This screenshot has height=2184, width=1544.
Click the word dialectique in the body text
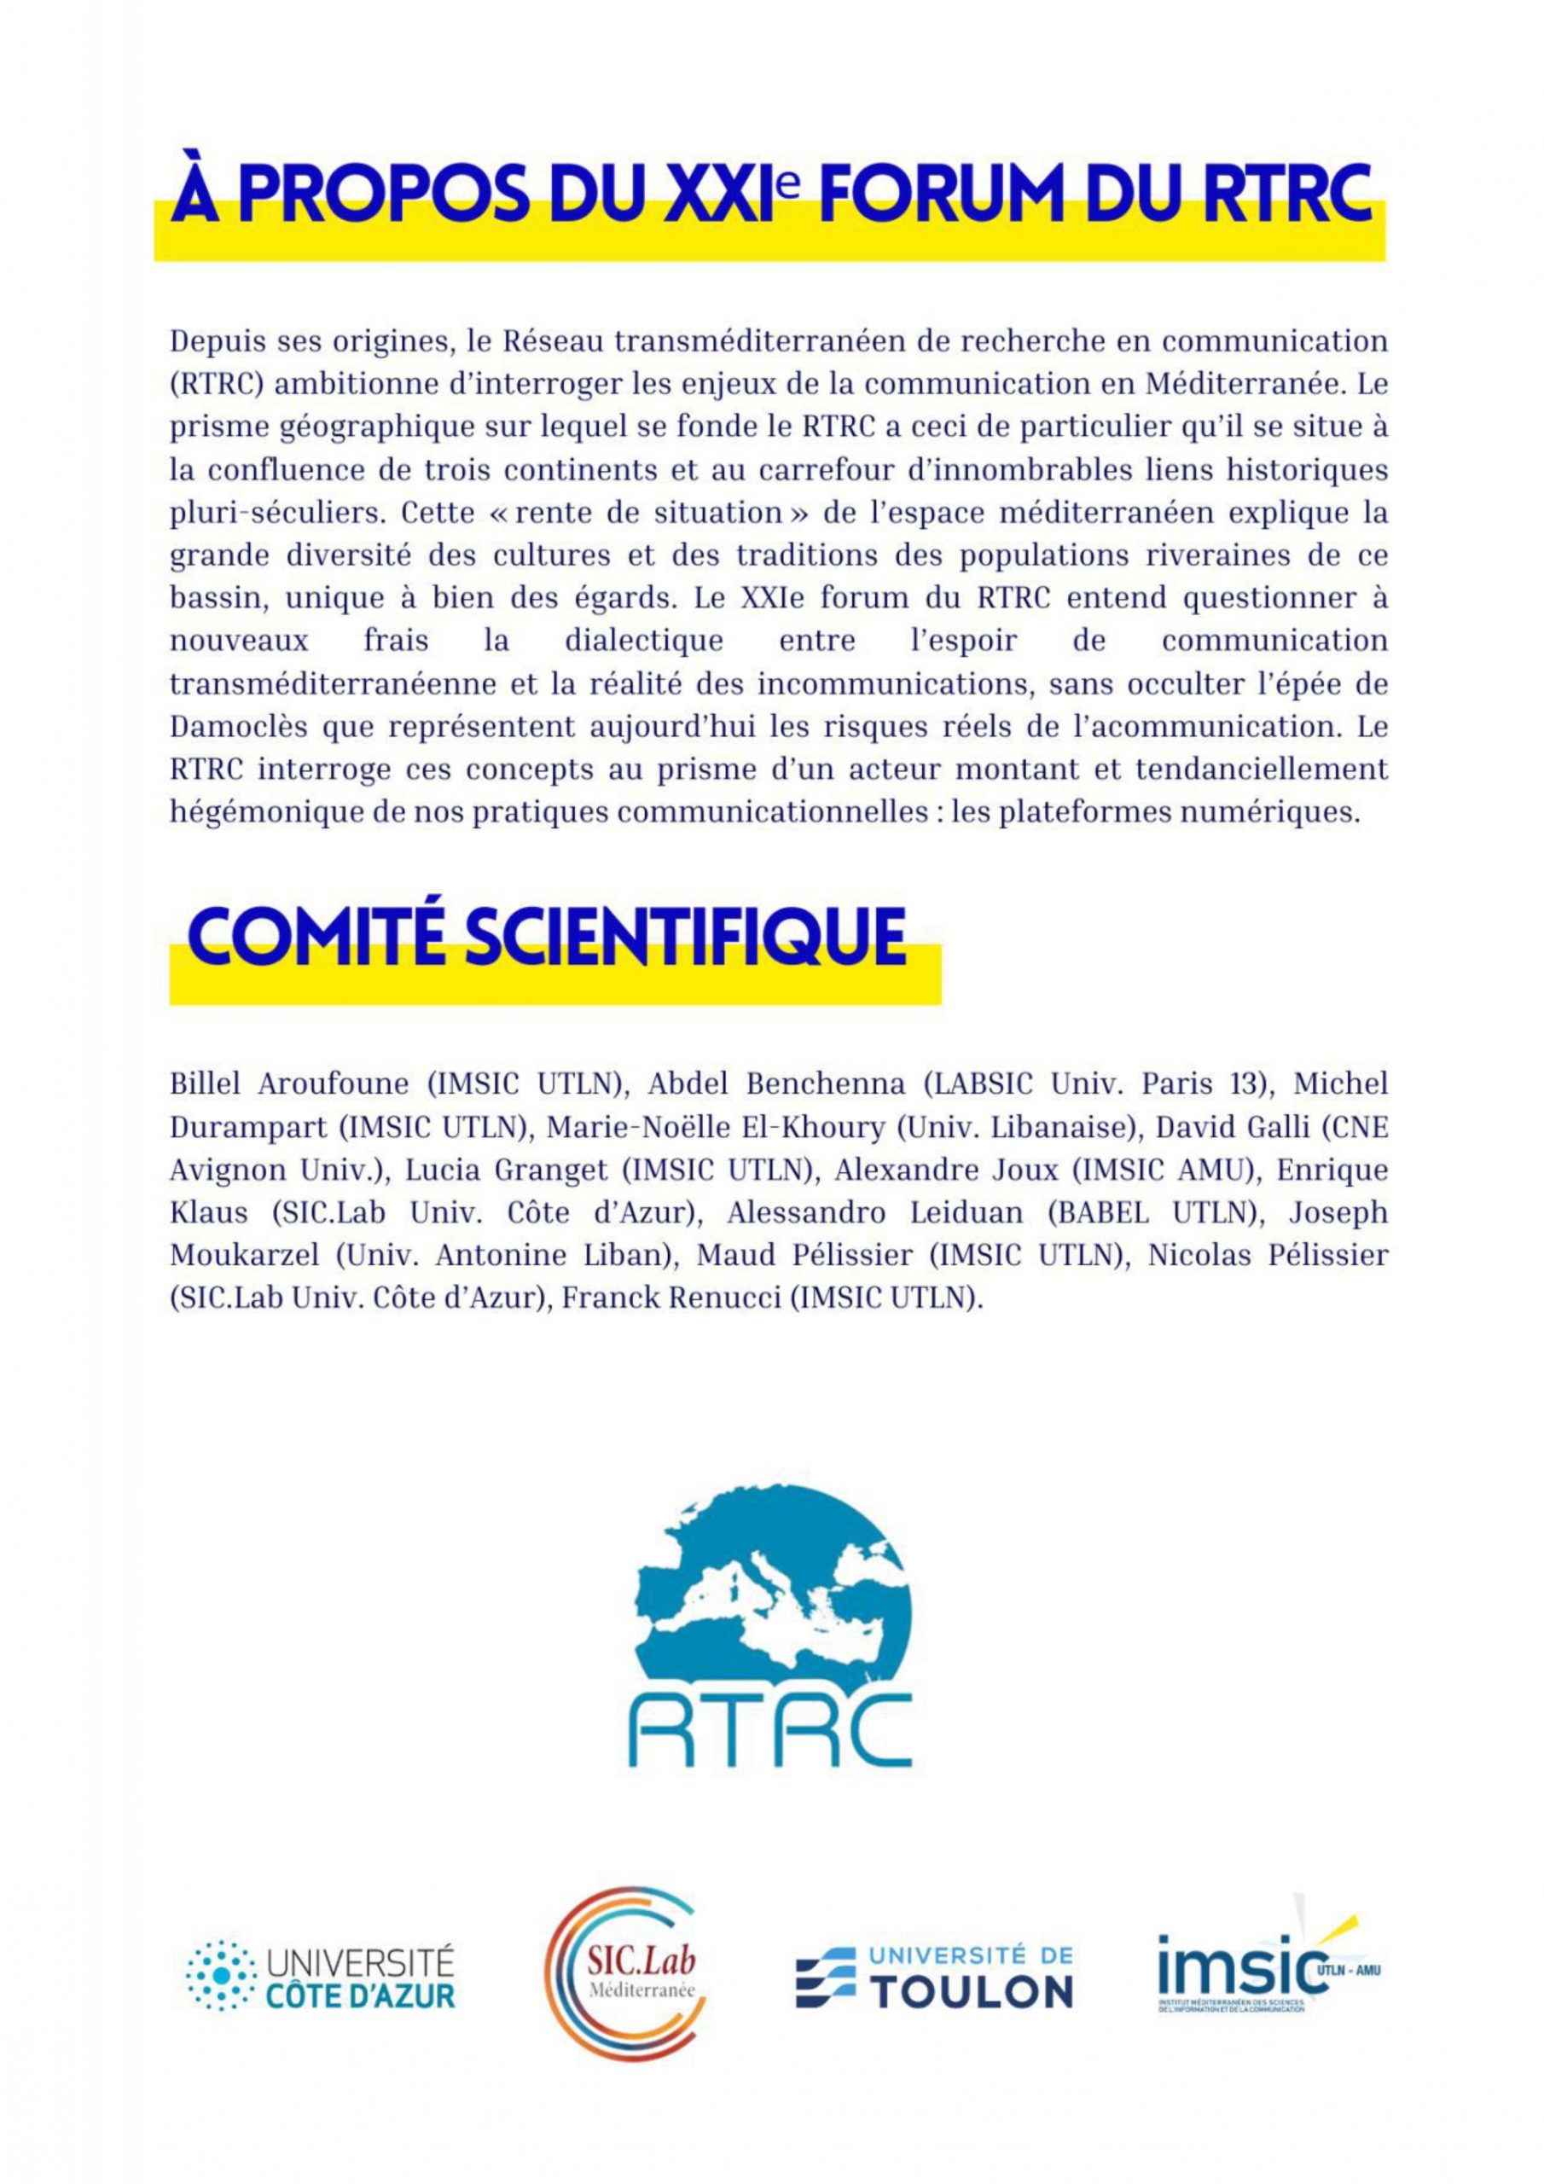pos(643,641)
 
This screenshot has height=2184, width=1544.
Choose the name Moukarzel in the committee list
pos(245,1257)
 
